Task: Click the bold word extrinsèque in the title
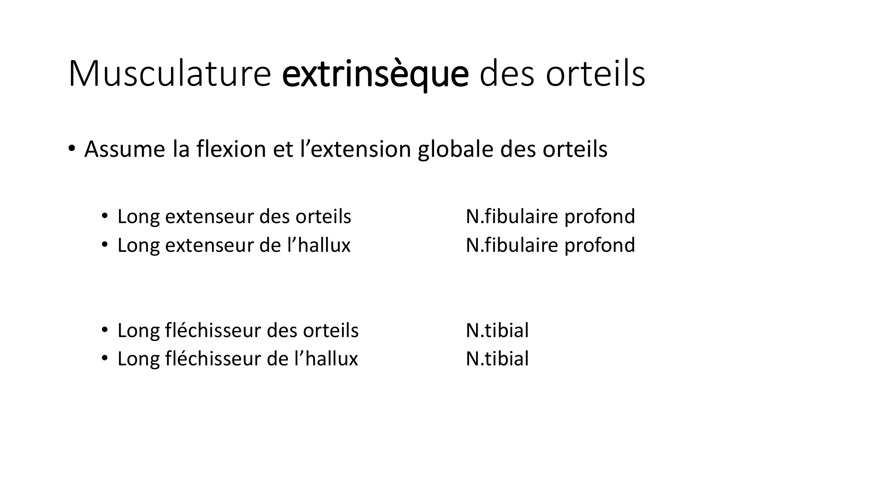coord(375,74)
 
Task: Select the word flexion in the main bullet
coord(230,149)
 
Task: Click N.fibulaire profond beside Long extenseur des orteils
coord(550,216)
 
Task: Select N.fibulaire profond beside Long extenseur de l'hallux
coord(550,245)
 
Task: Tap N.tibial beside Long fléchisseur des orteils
coord(497,330)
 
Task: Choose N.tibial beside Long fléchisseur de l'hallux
coord(497,358)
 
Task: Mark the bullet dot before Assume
coord(71,148)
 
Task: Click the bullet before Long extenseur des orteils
coord(105,216)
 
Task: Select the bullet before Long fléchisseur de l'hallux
coord(105,358)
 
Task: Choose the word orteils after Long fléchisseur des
coord(331,330)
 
